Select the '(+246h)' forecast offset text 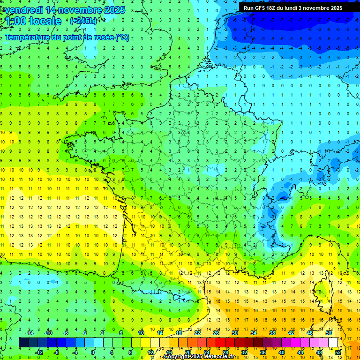83,21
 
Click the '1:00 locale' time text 33,21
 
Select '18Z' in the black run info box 277,8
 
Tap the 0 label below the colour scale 93,352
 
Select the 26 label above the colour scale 216,333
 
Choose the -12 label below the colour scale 39,352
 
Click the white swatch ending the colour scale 333,342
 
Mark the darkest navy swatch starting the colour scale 23,342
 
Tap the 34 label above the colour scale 254,333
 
